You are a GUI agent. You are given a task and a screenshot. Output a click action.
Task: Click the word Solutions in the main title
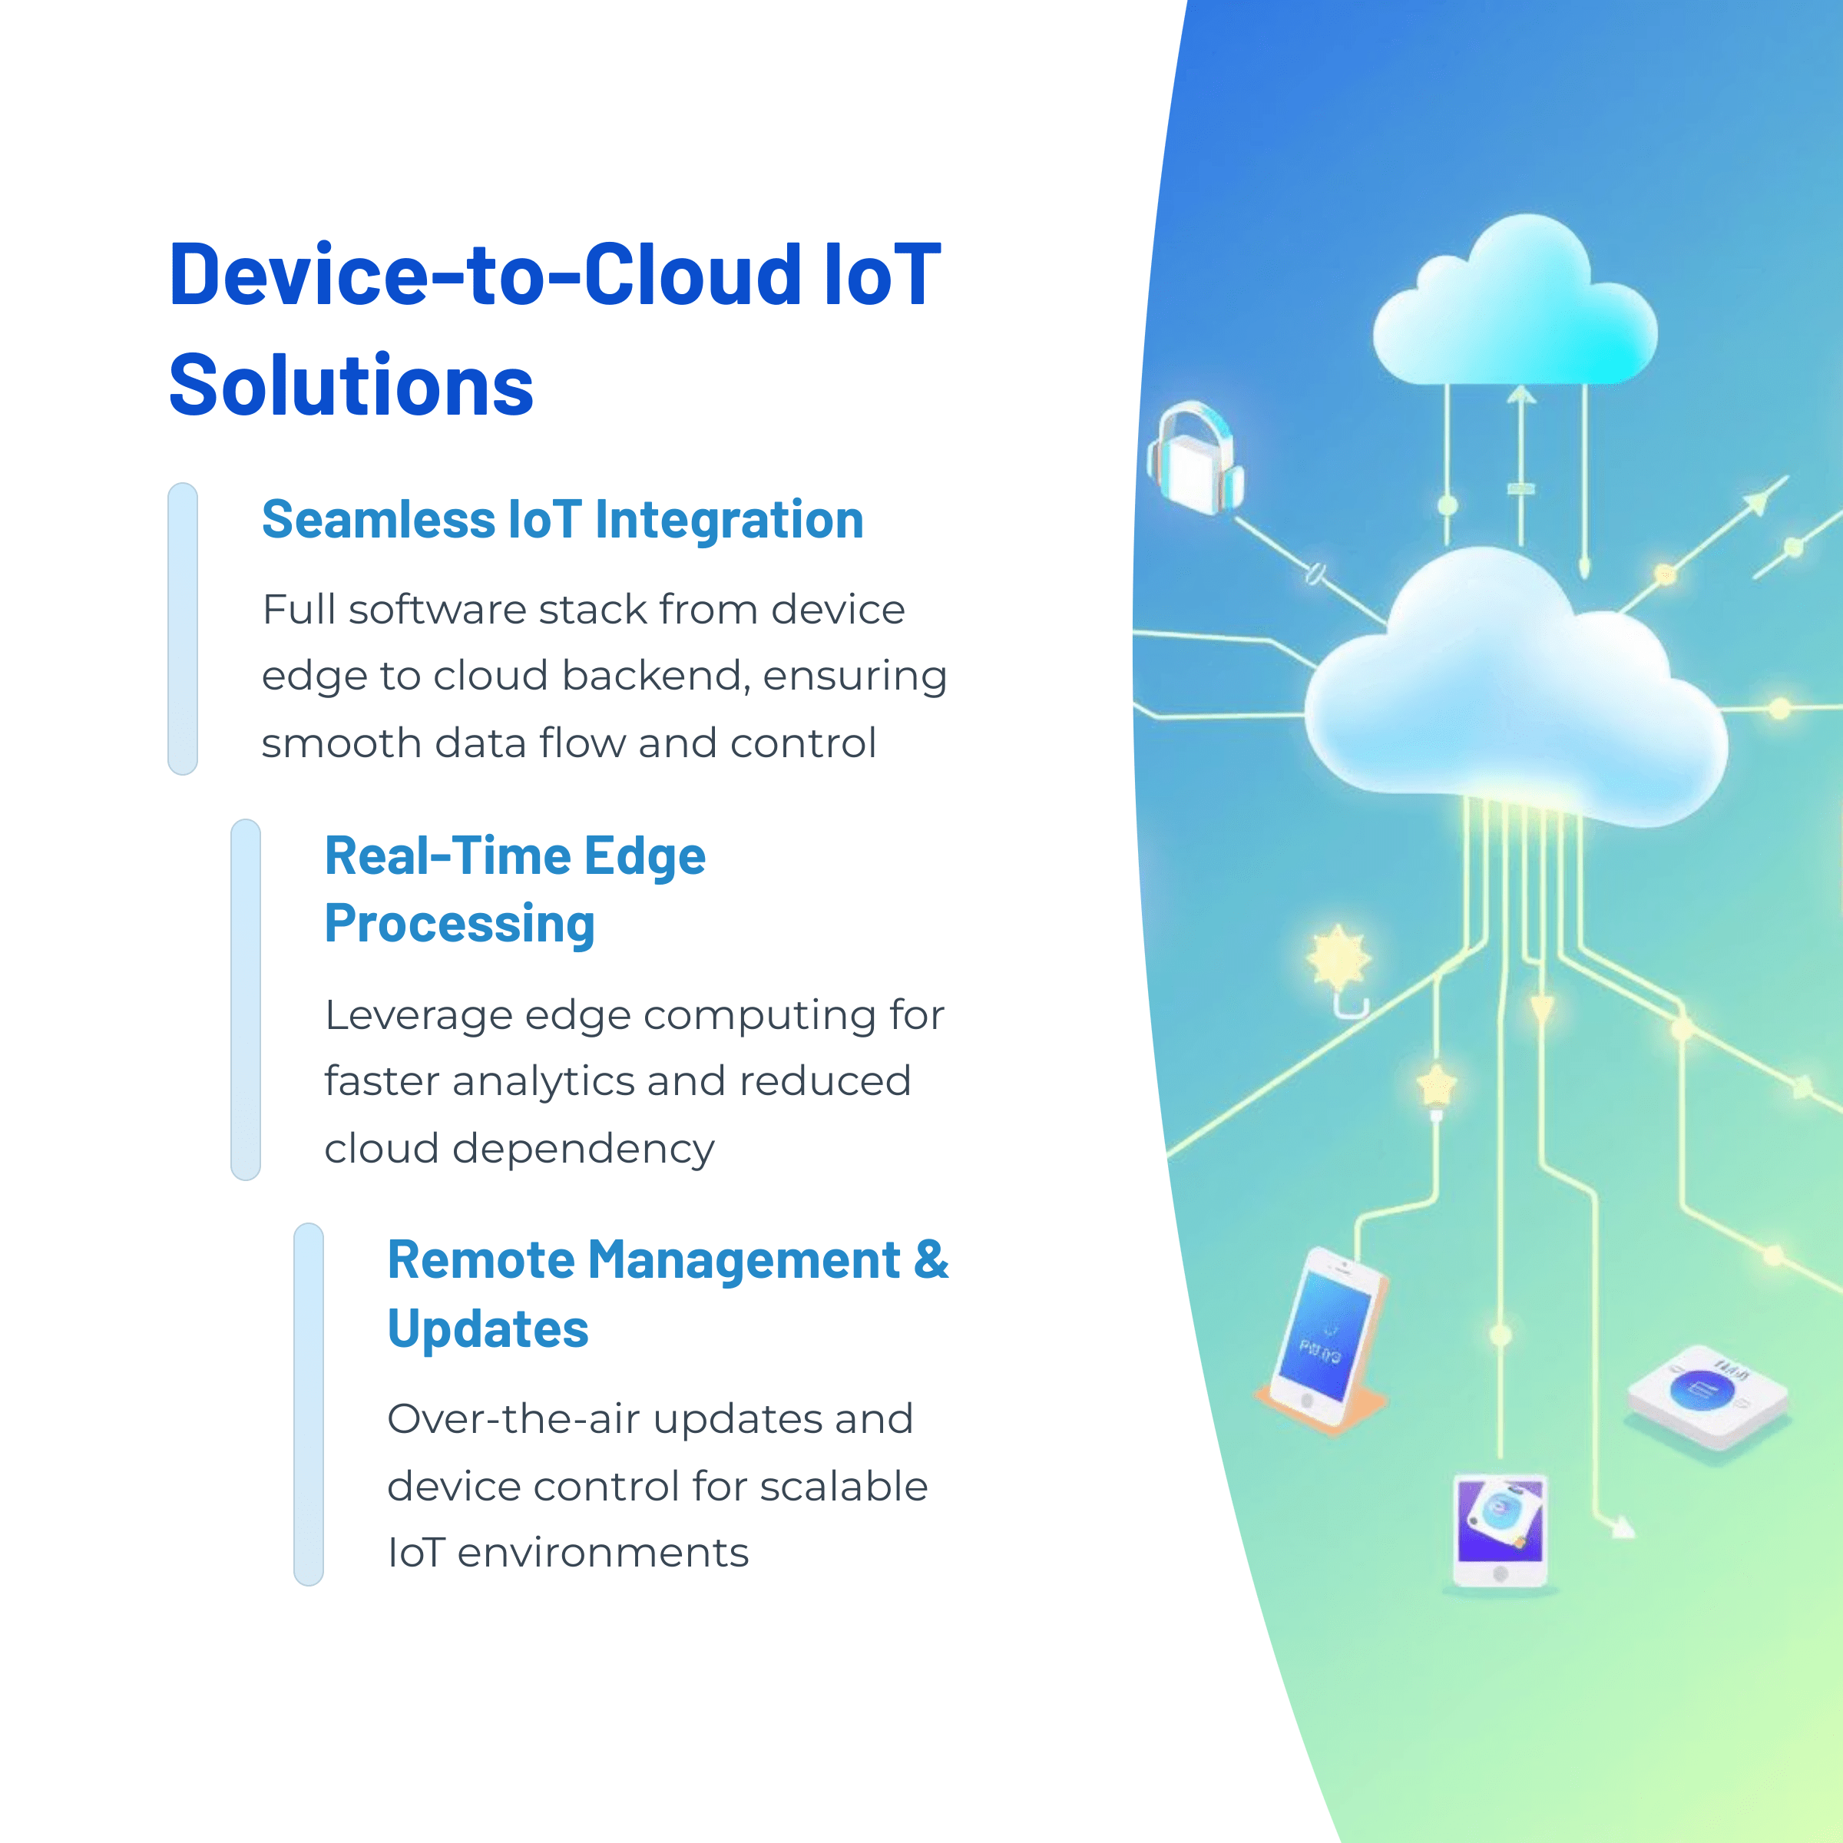click(350, 385)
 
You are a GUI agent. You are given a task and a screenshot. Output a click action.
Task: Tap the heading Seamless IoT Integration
click(562, 520)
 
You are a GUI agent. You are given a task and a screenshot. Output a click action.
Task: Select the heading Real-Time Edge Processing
click(515, 889)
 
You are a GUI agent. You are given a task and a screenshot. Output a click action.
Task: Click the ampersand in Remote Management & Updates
click(931, 1259)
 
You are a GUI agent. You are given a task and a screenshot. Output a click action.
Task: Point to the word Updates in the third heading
click(488, 1328)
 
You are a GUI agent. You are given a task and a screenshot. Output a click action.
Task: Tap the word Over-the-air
click(513, 1418)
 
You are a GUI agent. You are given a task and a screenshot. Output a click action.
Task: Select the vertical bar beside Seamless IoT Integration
click(182, 629)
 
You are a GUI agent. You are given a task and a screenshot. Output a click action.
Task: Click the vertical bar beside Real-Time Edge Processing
click(245, 999)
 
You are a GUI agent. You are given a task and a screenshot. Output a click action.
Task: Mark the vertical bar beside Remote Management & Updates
click(308, 1405)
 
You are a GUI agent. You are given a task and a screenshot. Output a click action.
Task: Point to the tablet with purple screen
click(1500, 1528)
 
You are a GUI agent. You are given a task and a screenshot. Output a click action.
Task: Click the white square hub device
click(1706, 1395)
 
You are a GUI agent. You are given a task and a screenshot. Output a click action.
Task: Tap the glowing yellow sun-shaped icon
click(1338, 958)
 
